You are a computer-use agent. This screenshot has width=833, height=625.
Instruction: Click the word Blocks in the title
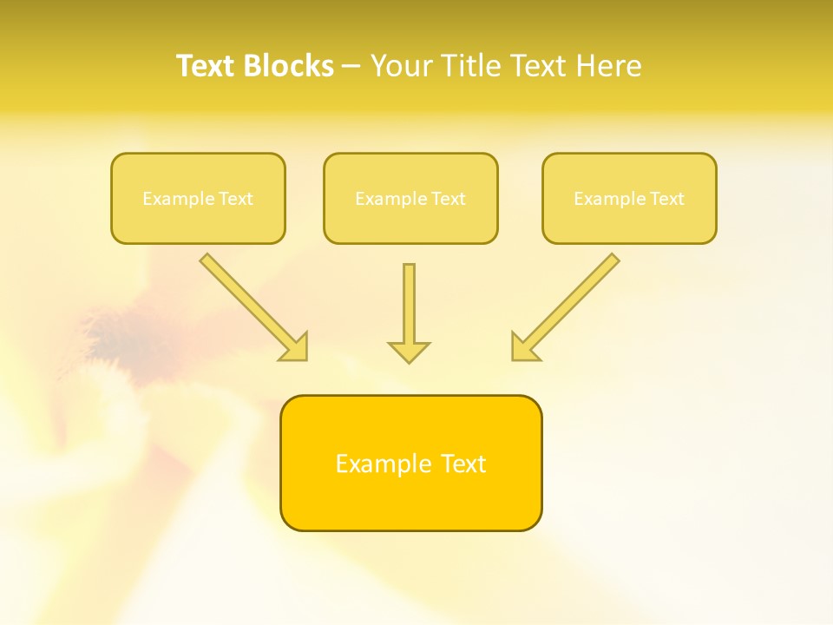(x=288, y=66)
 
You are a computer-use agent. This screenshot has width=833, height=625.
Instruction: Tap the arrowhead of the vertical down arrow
(x=409, y=352)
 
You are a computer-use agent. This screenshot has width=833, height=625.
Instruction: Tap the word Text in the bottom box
(x=463, y=464)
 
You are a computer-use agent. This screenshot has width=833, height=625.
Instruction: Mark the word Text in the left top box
(x=236, y=199)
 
